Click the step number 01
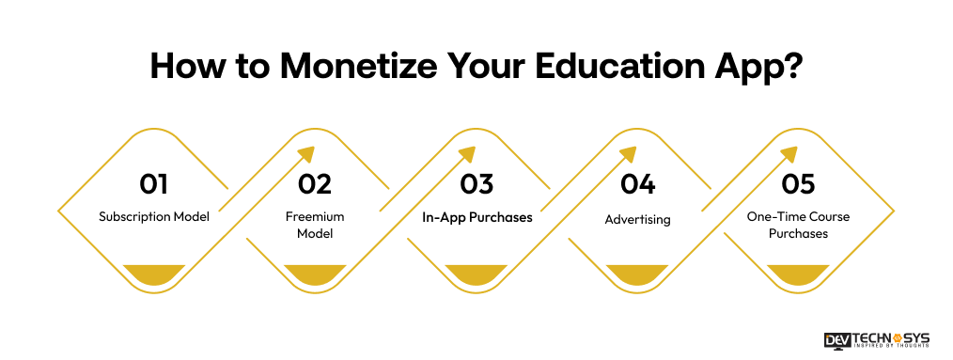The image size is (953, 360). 154,183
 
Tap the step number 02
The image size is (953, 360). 316,183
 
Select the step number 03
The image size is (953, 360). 476,183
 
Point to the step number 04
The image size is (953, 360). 638,183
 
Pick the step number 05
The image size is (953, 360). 798,183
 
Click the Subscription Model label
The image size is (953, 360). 154,217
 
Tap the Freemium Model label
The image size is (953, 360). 315,225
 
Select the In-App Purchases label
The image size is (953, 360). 476,217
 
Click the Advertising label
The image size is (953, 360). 637,219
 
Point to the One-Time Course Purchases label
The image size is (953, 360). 798,225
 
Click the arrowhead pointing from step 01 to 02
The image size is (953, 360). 306,156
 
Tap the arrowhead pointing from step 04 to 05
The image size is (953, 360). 789,156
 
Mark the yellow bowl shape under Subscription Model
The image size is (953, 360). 154,274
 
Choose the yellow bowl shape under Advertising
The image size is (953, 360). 637,274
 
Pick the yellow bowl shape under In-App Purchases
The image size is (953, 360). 476,274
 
